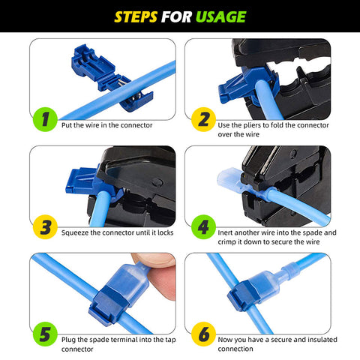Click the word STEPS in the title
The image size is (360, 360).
(136, 17)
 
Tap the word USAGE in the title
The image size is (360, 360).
(221, 17)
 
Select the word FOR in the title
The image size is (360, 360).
(176, 17)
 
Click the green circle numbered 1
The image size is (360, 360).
(45, 119)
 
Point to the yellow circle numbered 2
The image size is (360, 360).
(203, 119)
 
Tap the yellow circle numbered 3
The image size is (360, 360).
(45, 226)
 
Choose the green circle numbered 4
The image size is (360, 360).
(203, 226)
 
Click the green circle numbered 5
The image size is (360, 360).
(45, 334)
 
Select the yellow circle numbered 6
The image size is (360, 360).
(203, 334)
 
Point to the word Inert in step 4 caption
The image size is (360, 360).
(226, 232)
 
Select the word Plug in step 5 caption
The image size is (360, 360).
(68, 340)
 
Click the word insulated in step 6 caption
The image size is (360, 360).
(322, 340)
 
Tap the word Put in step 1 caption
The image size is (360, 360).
(66, 125)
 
